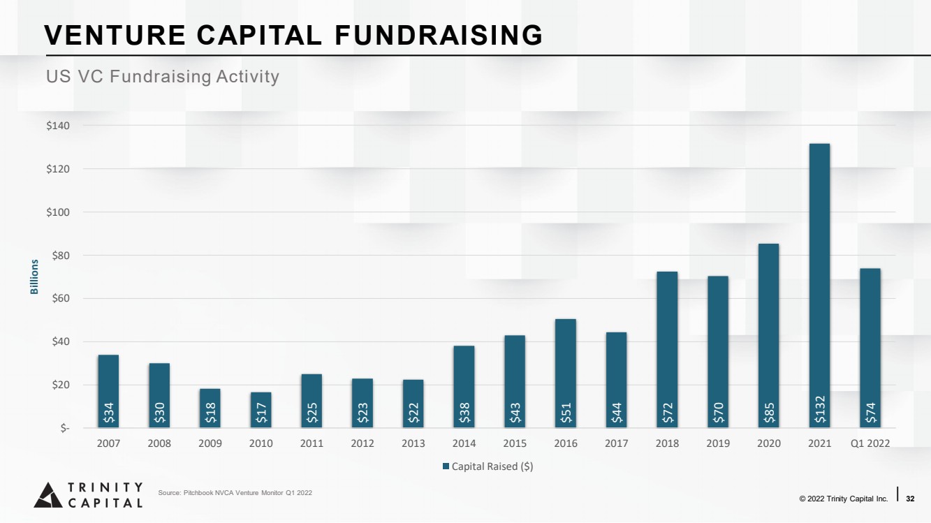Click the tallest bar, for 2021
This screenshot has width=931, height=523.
819,286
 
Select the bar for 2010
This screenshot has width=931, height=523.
261,410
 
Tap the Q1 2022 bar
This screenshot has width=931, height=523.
870,348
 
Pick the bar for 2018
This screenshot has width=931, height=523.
667,350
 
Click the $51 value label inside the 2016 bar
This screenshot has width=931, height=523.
566,413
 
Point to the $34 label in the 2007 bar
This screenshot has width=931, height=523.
108,413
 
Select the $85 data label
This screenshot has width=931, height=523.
769,413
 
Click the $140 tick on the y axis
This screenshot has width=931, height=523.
58,126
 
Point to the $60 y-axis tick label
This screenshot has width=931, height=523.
60,298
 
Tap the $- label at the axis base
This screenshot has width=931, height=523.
65,428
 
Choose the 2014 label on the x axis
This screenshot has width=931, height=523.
464,443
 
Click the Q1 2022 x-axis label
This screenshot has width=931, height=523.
870,443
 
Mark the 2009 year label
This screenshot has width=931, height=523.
210,443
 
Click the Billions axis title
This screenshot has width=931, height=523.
34,277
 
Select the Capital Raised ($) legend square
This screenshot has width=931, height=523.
446,466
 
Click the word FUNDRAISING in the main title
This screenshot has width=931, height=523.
439,35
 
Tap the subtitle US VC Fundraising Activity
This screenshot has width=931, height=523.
163,76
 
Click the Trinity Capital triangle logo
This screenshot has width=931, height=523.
48,495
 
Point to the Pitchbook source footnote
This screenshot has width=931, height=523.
235,493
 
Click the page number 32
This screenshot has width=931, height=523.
910,499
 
